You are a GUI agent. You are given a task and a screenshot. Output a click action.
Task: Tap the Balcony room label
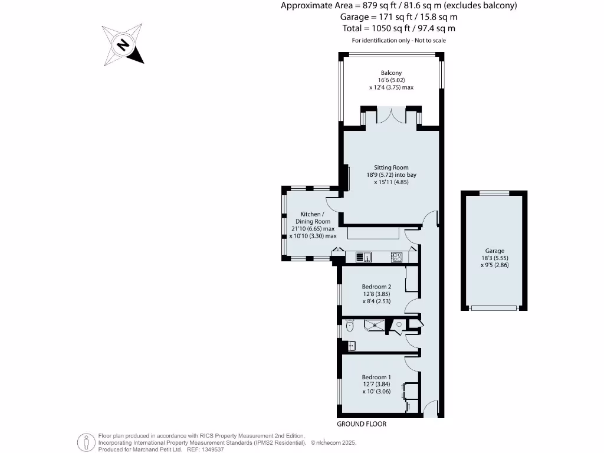[x=391, y=73]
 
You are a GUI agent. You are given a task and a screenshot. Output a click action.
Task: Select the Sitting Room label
[x=391, y=168]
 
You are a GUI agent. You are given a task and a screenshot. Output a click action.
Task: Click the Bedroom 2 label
[x=376, y=287]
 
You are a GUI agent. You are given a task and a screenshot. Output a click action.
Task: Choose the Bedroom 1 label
[x=376, y=377]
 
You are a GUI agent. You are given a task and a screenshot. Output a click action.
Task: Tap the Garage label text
[x=494, y=251]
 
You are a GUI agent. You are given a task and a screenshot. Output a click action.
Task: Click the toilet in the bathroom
[x=350, y=325]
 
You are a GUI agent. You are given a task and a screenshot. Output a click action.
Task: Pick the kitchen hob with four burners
[x=397, y=257]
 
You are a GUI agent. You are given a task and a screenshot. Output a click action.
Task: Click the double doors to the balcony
[x=391, y=116]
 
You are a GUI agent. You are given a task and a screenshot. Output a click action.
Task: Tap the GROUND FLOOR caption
[x=362, y=424]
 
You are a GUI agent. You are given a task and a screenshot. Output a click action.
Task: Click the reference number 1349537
[x=211, y=449]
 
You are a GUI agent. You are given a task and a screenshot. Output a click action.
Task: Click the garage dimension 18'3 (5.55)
[x=494, y=258]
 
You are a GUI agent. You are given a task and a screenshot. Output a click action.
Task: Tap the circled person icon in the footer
[x=87, y=441]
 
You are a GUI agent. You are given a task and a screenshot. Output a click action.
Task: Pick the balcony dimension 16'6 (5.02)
[x=391, y=80]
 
